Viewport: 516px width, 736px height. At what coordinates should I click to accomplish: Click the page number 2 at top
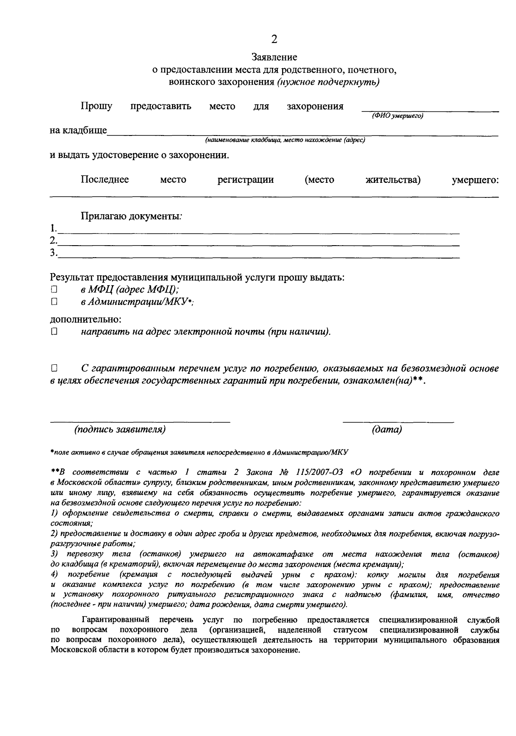(x=274, y=39)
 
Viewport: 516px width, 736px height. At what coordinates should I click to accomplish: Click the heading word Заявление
(x=274, y=57)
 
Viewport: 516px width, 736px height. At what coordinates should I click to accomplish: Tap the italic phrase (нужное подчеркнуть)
(x=328, y=82)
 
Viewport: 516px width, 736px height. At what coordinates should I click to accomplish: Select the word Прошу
(x=96, y=106)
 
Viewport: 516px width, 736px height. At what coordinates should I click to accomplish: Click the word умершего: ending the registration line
(x=475, y=180)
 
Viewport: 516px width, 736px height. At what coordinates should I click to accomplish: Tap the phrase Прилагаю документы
(x=131, y=216)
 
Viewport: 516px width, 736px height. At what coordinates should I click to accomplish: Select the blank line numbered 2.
(x=258, y=244)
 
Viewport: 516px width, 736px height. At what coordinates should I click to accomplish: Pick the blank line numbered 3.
(x=258, y=256)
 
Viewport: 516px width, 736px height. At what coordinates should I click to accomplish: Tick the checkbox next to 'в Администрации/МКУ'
(x=54, y=302)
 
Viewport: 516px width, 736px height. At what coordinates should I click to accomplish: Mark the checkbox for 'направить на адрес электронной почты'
(x=54, y=332)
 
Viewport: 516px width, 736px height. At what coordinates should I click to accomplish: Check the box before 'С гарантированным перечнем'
(x=54, y=369)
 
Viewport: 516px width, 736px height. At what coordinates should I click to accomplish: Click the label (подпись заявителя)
(x=120, y=429)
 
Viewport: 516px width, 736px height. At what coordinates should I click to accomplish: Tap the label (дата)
(x=387, y=429)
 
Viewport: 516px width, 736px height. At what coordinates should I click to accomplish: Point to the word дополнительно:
(x=86, y=320)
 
